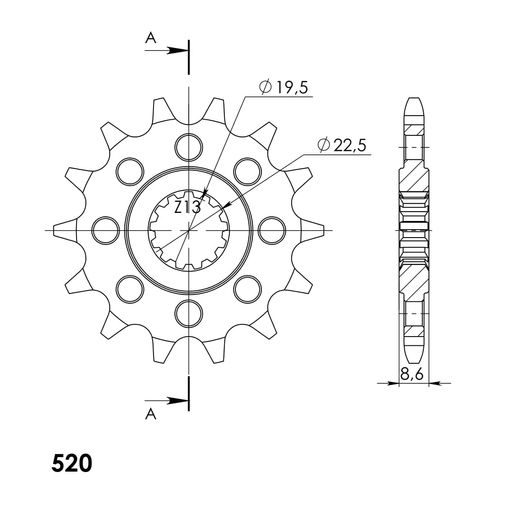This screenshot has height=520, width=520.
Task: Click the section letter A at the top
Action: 151,38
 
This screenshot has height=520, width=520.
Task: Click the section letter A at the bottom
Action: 151,413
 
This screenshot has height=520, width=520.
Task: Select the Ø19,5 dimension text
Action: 285,89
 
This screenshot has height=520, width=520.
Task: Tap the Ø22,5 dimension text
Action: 344,146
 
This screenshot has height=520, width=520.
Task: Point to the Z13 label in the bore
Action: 187,208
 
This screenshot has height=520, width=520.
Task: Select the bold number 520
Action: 71,464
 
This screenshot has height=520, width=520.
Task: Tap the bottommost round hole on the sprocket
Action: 188,312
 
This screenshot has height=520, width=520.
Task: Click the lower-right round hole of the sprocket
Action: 246,288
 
